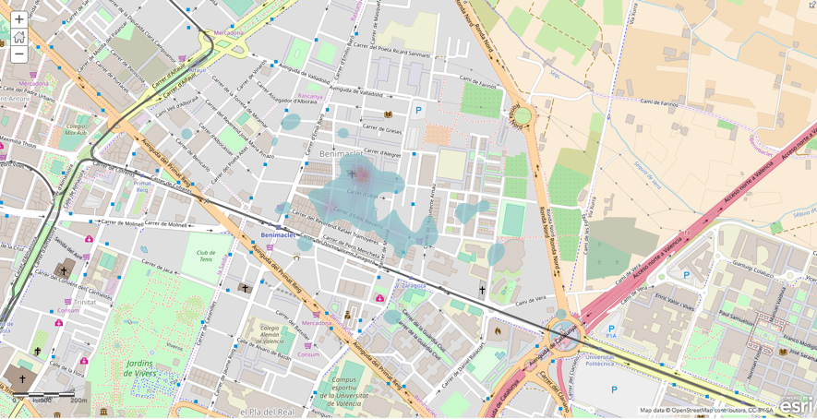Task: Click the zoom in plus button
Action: coord(18,19)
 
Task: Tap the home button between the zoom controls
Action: coord(18,37)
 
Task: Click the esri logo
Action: coord(796,404)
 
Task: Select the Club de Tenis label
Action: coord(205,256)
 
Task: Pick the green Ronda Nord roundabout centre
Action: coord(522,115)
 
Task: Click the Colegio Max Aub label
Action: coord(76,129)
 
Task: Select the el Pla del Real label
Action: coord(268,411)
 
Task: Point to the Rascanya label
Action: coord(311,96)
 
